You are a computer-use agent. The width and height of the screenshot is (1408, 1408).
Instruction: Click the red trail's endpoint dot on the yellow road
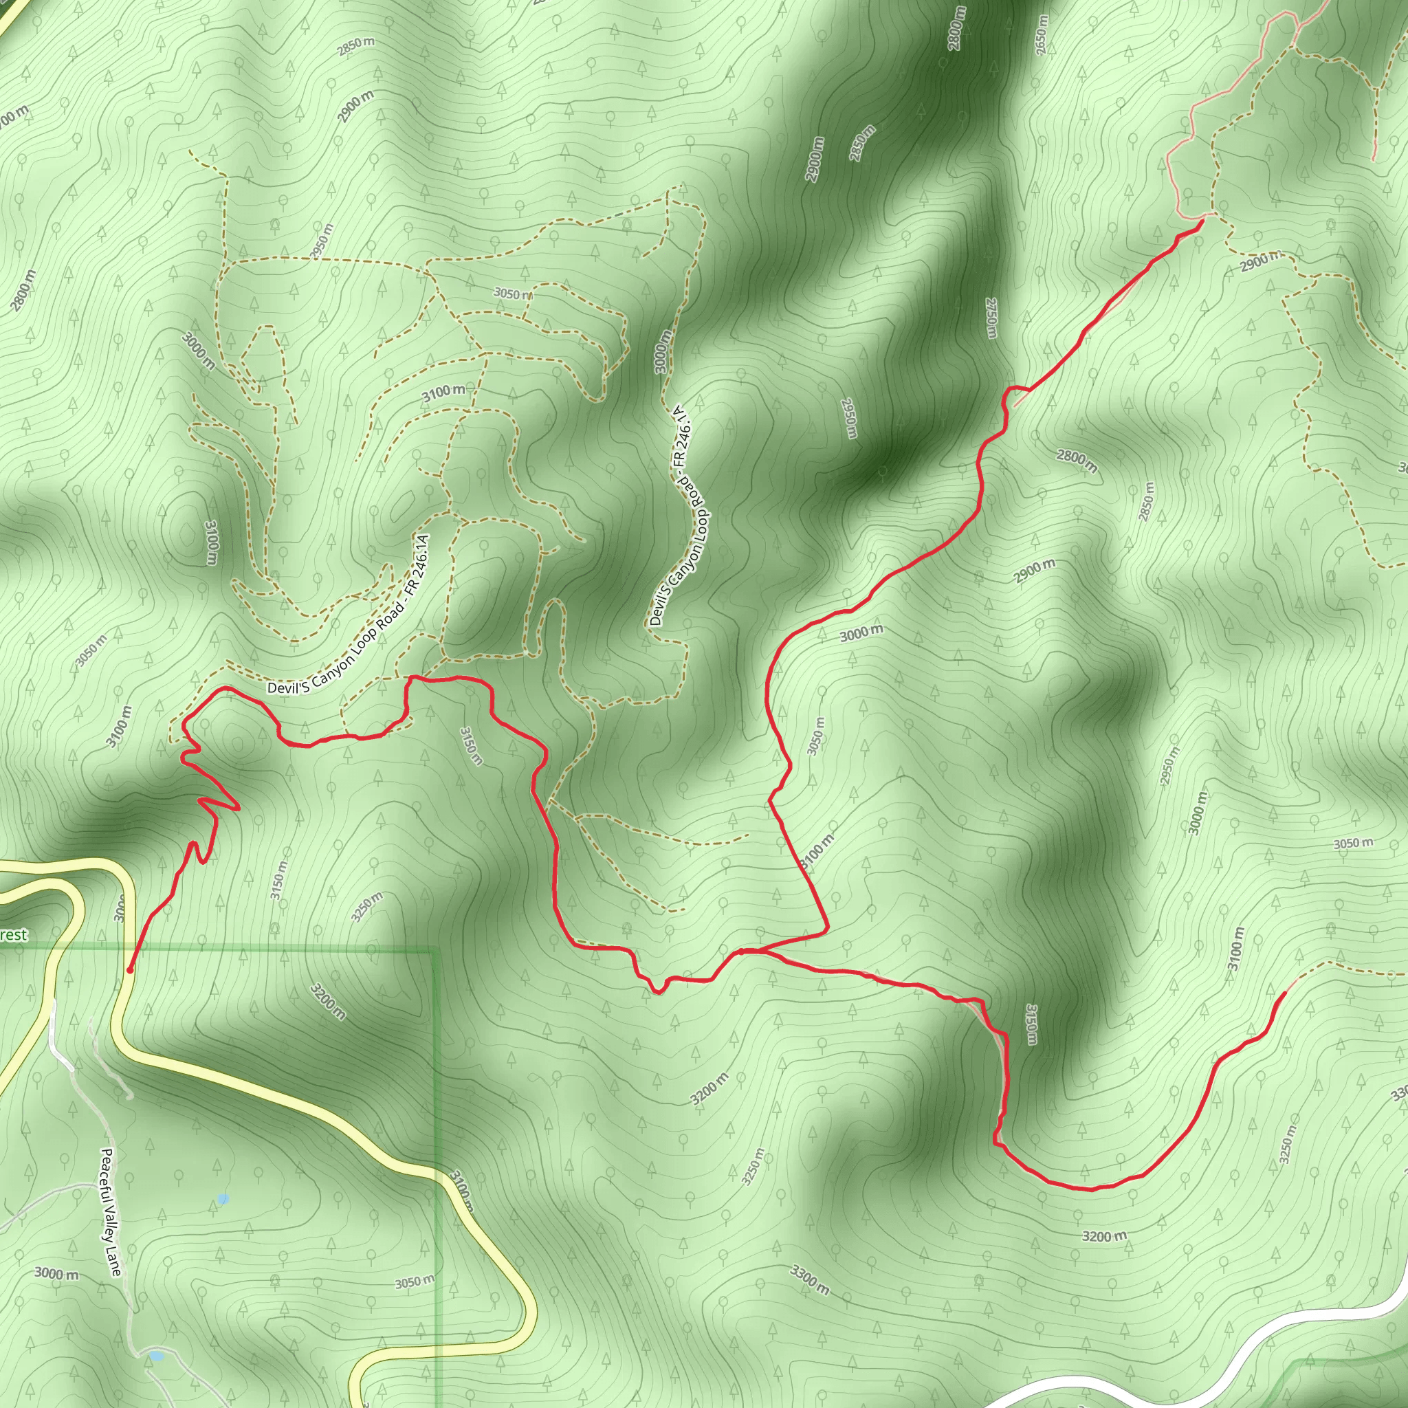[x=130, y=970]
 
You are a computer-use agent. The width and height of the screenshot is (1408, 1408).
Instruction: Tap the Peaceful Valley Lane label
[x=111, y=1212]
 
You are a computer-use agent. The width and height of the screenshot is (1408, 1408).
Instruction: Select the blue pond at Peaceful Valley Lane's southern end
[x=156, y=1356]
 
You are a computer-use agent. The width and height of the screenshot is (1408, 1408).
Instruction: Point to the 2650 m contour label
[x=1042, y=35]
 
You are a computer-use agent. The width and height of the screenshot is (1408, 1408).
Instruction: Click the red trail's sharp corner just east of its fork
[x=828, y=931]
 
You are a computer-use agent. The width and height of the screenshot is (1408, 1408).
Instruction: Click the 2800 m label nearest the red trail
[x=1077, y=460]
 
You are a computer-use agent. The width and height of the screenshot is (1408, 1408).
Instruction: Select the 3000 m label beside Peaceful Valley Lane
[x=57, y=1273]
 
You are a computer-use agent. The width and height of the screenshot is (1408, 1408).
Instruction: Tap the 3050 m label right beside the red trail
[x=816, y=736]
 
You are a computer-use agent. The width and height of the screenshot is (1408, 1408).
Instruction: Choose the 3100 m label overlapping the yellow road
[x=461, y=1190]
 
